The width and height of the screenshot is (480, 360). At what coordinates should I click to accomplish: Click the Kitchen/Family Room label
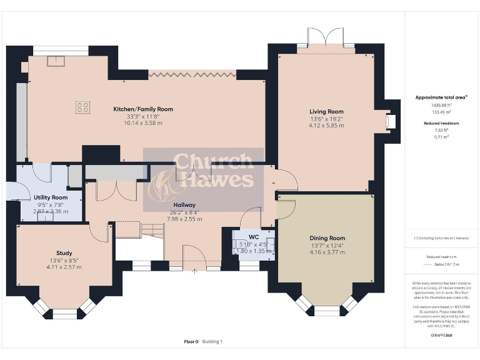click(x=143, y=109)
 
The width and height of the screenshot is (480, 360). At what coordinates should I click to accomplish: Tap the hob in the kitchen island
click(x=82, y=107)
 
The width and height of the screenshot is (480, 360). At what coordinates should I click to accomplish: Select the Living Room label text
click(x=326, y=111)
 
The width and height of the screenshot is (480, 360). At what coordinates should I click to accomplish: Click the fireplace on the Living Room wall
click(x=391, y=121)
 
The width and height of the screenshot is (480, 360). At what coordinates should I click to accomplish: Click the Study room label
click(x=64, y=253)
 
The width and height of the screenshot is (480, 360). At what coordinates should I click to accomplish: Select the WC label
click(x=253, y=237)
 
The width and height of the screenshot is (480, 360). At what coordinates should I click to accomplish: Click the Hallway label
click(x=184, y=205)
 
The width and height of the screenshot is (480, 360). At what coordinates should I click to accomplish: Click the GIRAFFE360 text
click(x=441, y=336)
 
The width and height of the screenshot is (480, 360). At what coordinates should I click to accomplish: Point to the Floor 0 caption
click(x=191, y=341)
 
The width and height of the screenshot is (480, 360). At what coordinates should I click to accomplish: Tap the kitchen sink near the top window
click(x=54, y=61)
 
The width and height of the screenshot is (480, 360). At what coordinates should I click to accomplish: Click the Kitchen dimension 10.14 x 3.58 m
click(x=143, y=123)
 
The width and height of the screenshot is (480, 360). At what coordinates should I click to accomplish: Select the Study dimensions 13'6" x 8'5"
click(x=64, y=261)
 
